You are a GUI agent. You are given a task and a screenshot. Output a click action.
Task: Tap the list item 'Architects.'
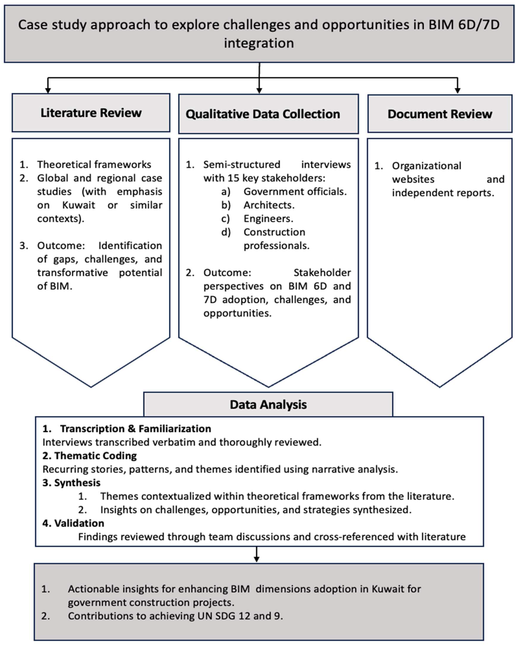coord(269,205)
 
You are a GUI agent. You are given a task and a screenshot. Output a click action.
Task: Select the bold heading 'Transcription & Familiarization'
coord(135,428)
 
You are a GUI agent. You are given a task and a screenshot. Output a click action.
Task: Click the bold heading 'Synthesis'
coord(77,483)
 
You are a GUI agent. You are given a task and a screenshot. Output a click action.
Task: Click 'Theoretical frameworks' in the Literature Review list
coord(94,164)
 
